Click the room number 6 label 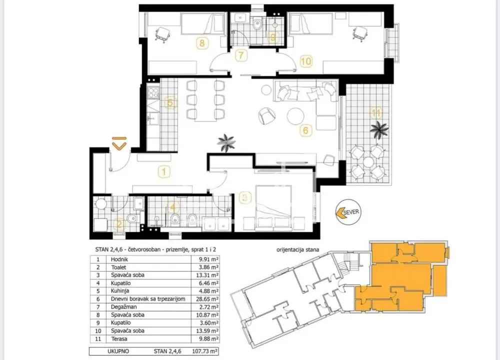point(306,130)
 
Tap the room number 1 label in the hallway point(164,172)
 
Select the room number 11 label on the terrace point(376,113)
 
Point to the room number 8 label point(202,42)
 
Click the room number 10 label point(306,61)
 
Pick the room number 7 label point(241,55)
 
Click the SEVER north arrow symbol point(347,211)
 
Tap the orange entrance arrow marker point(119,144)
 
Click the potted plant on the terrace point(379,130)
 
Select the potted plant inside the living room point(226,143)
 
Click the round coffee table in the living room point(295,116)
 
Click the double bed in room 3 point(273,207)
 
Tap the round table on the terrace point(368,162)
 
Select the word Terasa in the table point(119,339)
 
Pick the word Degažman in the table point(123,307)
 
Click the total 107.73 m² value point(205,351)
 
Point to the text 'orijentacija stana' point(297,250)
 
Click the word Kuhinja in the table point(120,291)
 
